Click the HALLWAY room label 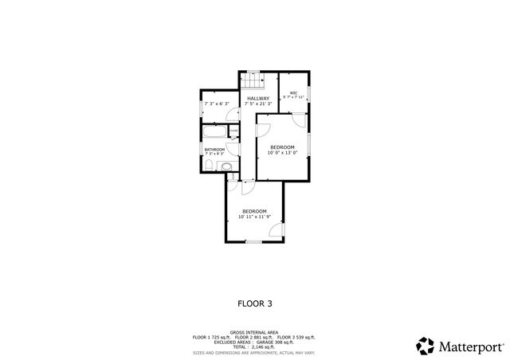coord(257,98)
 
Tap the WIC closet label coord(293,93)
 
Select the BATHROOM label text coord(214,150)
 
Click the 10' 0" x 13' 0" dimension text coord(282,153)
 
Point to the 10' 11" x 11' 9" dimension coord(255,217)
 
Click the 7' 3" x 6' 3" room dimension coord(217,104)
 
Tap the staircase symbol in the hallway coord(252,82)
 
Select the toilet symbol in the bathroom coord(208,165)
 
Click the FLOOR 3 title coord(255,303)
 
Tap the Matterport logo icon coord(425,346)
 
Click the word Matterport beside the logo coord(470,346)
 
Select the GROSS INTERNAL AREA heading coord(255,332)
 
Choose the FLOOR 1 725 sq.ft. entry coord(211,337)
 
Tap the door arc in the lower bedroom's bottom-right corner coord(276,231)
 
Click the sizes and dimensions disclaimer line coord(255,351)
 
